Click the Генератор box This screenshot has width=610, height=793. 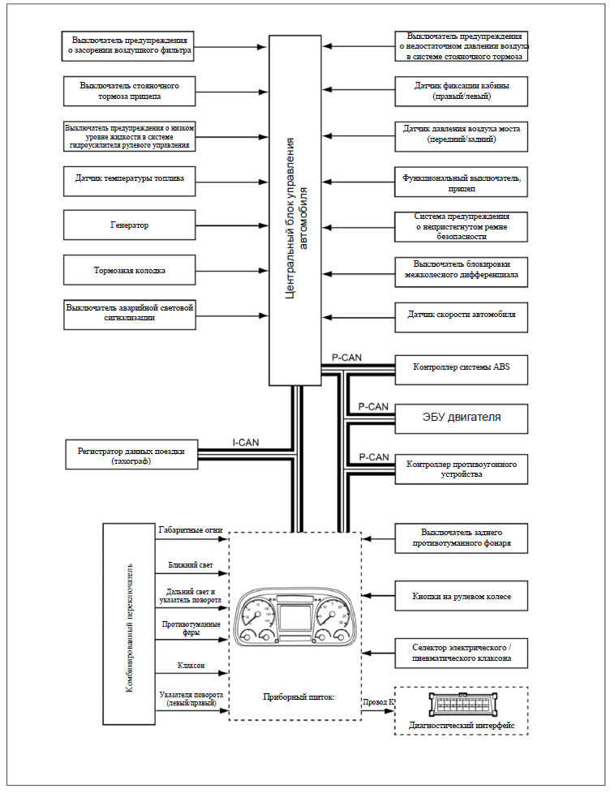[130, 225]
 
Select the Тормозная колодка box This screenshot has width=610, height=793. [130, 271]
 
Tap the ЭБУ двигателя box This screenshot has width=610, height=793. [462, 418]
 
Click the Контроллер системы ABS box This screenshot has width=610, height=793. [462, 369]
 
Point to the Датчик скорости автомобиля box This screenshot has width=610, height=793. [462, 317]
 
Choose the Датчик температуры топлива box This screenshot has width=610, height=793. [130, 181]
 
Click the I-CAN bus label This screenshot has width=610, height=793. [246, 443]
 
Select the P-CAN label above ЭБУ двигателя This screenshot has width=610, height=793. [373, 406]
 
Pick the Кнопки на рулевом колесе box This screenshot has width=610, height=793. [462, 596]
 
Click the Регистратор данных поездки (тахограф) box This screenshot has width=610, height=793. [131, 454]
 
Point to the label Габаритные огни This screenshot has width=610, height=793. [190, 530]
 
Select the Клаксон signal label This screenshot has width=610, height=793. [191, 666]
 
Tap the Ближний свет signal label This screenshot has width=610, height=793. [191, 565]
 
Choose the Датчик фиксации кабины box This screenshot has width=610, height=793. [462, 92]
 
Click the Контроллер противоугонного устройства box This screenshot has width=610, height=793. [462, 469]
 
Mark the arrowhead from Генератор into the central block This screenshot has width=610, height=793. [263, 225]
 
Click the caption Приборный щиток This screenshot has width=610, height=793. [299, 697]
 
